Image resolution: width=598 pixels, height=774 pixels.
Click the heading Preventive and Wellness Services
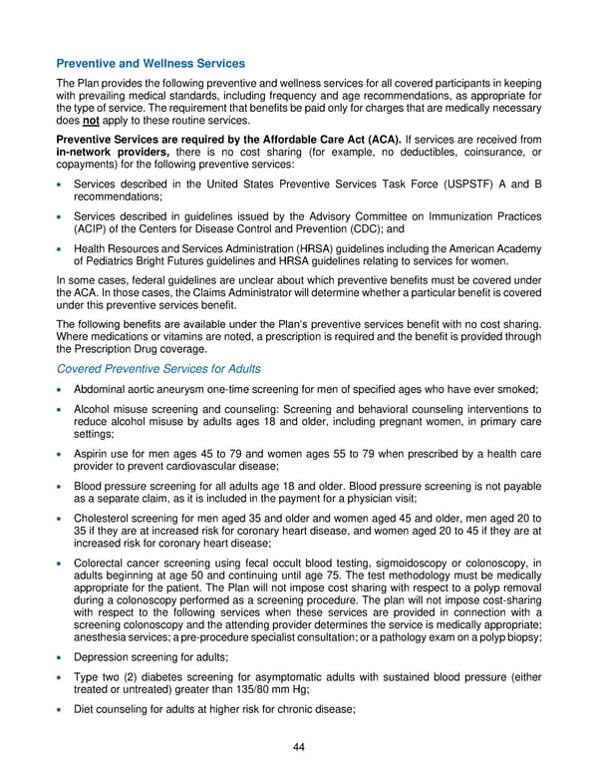click(x=150, y=64)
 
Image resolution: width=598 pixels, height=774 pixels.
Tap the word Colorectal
click(x=103, y=565)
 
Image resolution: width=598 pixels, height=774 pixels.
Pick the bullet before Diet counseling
click(x=61, y=710)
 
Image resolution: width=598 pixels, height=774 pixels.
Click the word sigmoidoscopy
click(x=398, y=565)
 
